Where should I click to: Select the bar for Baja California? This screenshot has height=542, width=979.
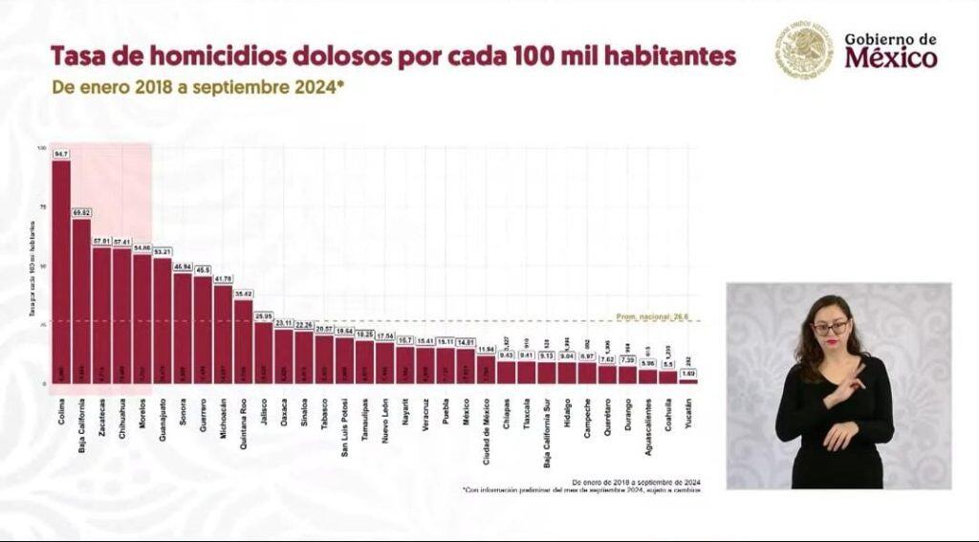coord(81,301)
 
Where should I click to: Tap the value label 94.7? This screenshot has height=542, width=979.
coord(61,154)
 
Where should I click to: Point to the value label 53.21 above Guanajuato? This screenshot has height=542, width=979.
coord(163,251)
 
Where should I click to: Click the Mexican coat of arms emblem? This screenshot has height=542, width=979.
coord(804,50)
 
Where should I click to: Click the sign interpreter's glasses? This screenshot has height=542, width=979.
coord(830,328)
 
